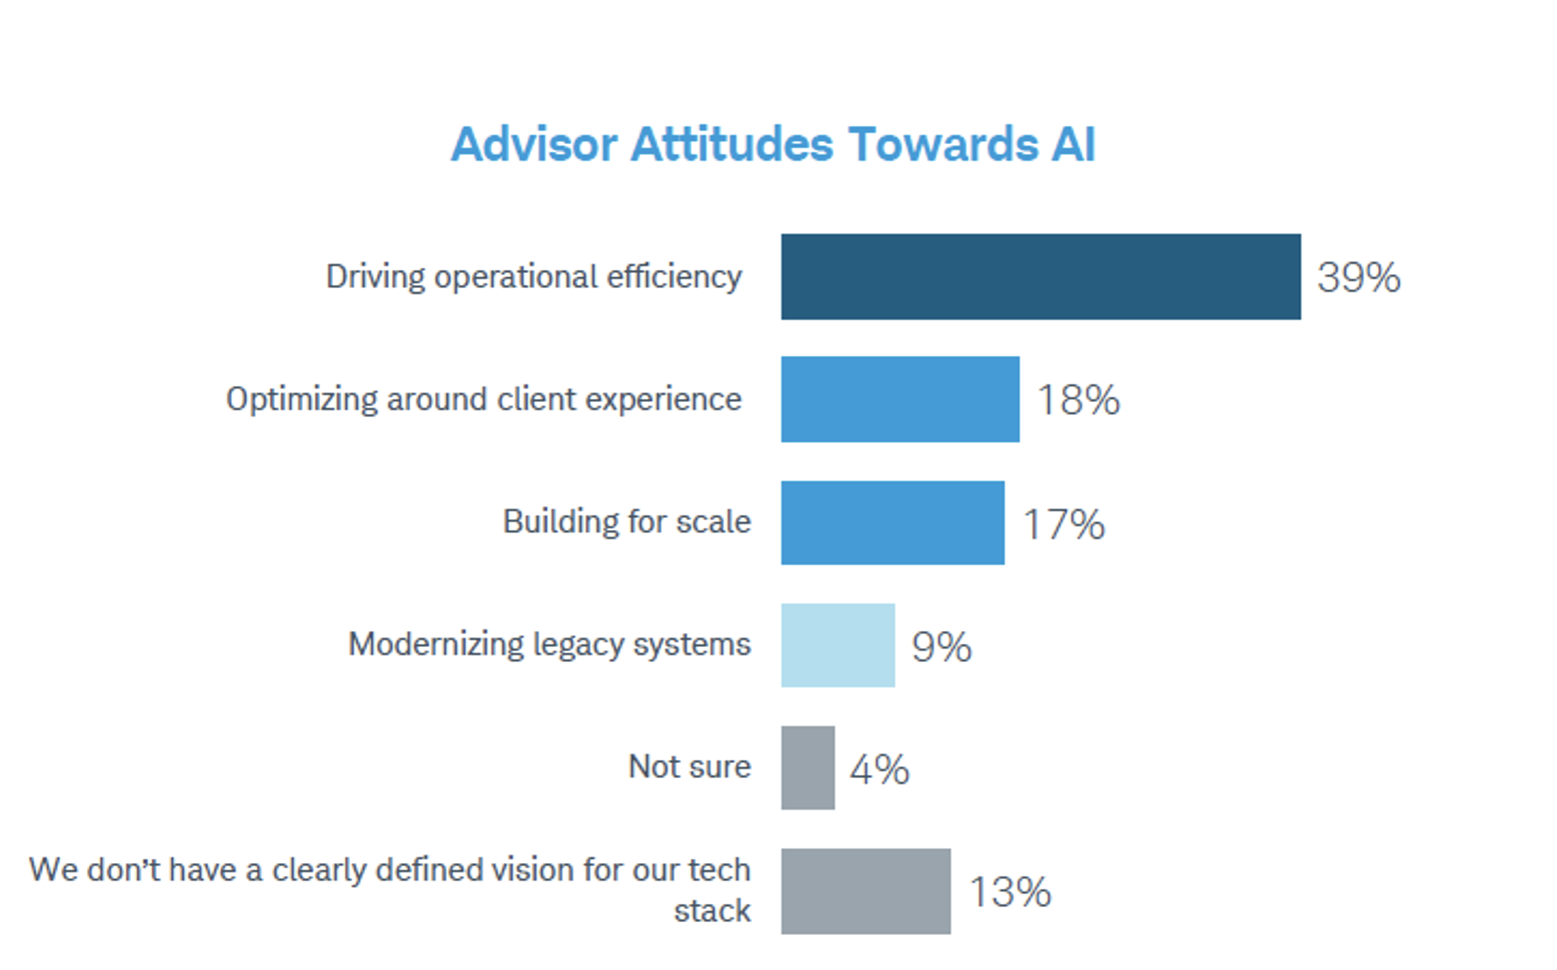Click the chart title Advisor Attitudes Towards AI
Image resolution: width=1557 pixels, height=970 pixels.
tap(773, 145)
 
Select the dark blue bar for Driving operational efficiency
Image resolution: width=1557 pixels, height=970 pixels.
tap(1040, 277)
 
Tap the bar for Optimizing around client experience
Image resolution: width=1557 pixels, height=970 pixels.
tap(899, 399)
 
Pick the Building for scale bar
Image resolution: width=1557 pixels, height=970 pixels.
tap(892, 522)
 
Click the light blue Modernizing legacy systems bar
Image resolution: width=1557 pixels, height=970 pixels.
tap(837, 645)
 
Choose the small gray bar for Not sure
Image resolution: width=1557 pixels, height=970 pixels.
tap(807, 768)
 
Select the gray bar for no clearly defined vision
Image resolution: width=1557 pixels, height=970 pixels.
tap(865, 891)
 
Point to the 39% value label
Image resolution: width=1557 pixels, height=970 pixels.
tap(1358, 278)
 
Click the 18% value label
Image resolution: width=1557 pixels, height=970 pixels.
tap(1078, 400)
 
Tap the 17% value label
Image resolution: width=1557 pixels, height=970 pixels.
tap(1063, 524)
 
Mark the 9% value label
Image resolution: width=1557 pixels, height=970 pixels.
tap(941, 647)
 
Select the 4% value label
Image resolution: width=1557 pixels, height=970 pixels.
tap(879, 770)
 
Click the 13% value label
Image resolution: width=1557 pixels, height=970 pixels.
tap(1010, 892)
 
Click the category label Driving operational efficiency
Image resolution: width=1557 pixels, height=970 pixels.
tap(534, 277)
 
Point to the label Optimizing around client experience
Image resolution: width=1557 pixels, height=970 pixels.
tap(484, 399)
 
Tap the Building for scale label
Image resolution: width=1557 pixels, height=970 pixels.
tap(627, 522)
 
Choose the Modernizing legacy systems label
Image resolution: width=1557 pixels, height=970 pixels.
tap(549, 645)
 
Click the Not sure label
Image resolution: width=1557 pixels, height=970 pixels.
tap(690, 767)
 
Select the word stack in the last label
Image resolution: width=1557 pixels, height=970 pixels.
tap(712, 911)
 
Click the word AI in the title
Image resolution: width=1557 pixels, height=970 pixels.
tap(1073, 145)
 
